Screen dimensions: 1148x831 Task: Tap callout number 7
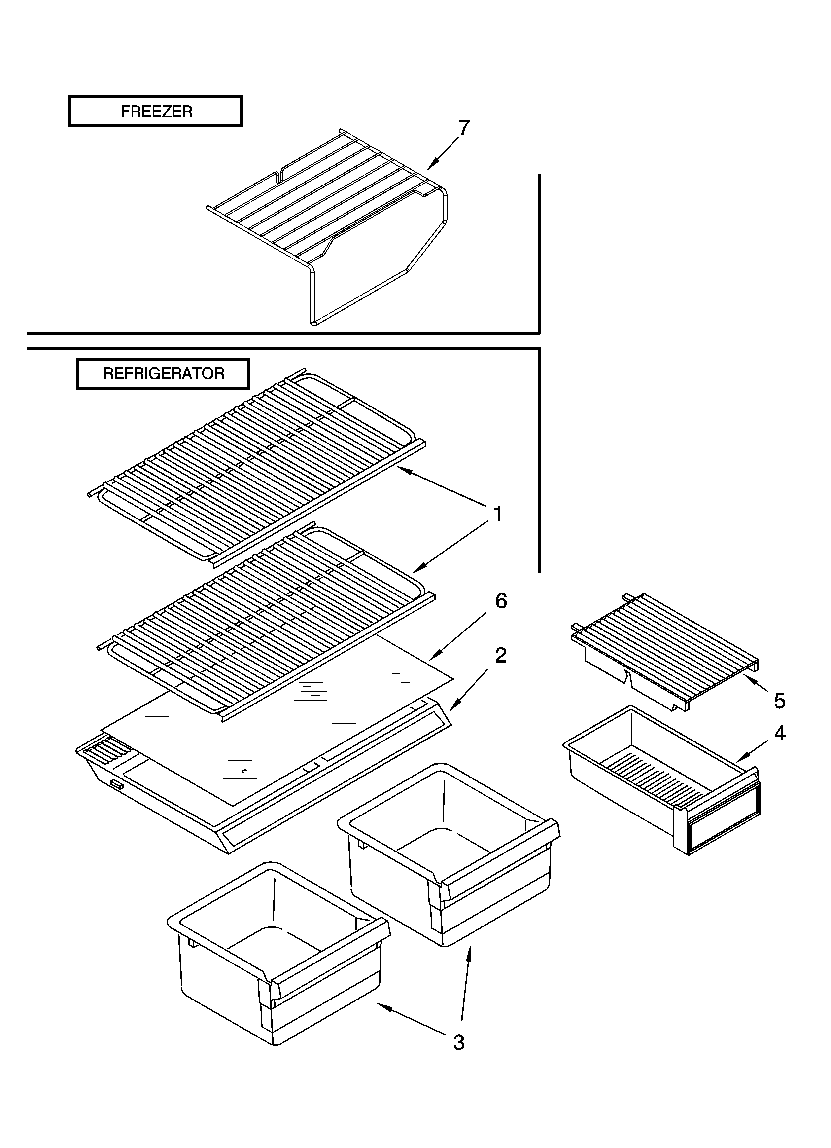click(464, 128)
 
